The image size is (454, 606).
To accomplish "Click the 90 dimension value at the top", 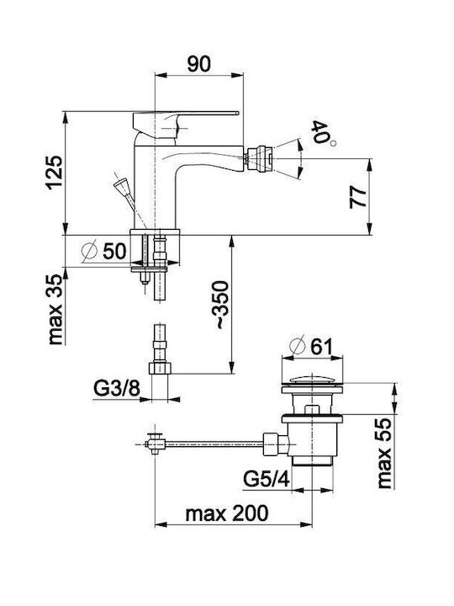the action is pyautogui.click(x=198, y=64).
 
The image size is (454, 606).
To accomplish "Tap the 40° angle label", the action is pyautogui.click(x=321, y=133).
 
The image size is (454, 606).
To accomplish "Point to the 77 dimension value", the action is pyautogui.click(x=358, y=198).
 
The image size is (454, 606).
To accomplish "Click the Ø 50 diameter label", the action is pyautogui.click(x=104, y=252).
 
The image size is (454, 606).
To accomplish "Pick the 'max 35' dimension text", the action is pyautogui.click(x=55, y=310).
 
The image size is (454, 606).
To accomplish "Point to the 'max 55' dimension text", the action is pyautogui.click(x=384, y=454).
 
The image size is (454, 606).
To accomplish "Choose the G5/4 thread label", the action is pyautogui.click(x=266, y=480).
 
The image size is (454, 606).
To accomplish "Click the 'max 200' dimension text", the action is pyautogui.click(x=227, y=513).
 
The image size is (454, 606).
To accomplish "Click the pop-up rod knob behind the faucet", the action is pyautogui.click(x=120, y=184).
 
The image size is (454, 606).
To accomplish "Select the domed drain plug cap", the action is pyautogui.click(x=312, y=380).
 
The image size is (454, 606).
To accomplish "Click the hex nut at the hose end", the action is pyautogui.click(x=160, y=368).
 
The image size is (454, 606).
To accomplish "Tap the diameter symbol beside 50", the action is pyautogui.click(x=89, y=252).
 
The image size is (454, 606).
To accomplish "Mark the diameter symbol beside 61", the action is pyautogui.click(x=298, y=347).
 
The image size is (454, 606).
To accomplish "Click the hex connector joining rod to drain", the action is pyautogui.click(x=275, y=444).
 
